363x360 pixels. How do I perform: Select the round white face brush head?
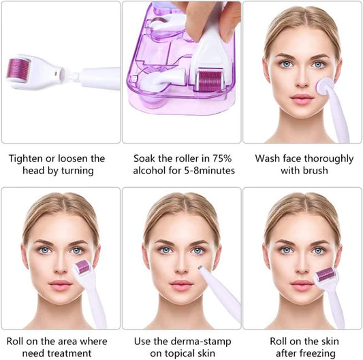pos(325,89)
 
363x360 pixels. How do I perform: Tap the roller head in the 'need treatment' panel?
pos(82,268)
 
